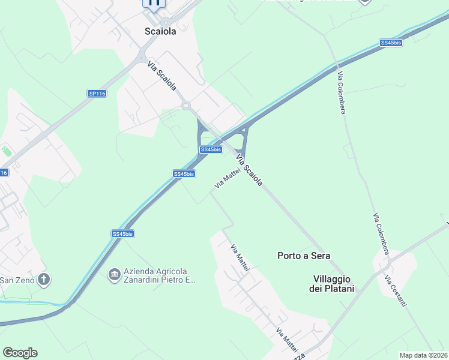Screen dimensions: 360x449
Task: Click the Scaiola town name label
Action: point(160,31)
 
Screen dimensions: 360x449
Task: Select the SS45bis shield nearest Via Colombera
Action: point(391,43)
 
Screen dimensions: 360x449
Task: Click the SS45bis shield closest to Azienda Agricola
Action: point(122,233)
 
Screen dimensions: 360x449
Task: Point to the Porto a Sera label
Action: point(304,256)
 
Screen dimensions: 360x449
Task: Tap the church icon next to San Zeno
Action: point(43,279)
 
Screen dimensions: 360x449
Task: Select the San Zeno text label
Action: point(17,280)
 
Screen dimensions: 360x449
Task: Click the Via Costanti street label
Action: point(396,292)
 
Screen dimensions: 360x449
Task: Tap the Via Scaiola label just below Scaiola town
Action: point(162,77)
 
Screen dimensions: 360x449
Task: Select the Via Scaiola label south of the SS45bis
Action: point(250,170)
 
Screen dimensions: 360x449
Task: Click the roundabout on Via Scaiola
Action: point(185,106)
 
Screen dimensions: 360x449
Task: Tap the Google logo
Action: point(20,353)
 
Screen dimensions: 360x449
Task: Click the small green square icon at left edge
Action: point(7,151)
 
